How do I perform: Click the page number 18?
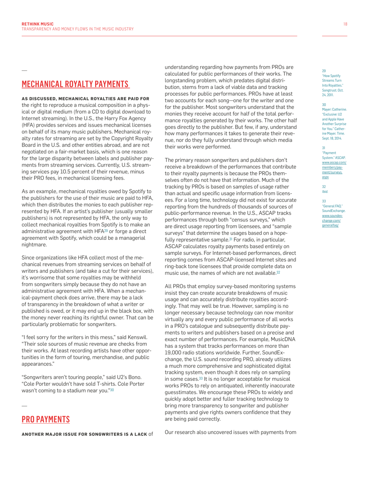345,24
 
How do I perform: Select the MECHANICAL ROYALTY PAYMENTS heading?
75,84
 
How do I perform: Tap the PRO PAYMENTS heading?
46,419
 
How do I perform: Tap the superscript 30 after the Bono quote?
112,391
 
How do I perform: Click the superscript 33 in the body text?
201,378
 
